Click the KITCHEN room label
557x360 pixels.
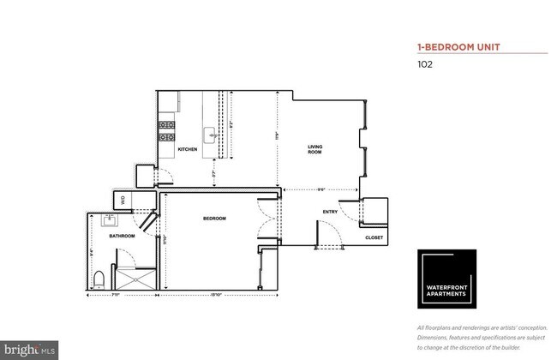tap(188, 149)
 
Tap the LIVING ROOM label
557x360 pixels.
tap(315, 149)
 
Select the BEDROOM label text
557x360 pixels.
tap(214, 219)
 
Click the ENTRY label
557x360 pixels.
tap(330, 212)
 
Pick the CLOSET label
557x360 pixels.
tap(374, 237)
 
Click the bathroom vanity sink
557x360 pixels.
tap(110, 220)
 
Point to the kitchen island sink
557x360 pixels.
tap(209, 133)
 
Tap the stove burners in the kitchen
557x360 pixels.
tap(167, 131)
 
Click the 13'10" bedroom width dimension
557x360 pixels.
tap(218, 295)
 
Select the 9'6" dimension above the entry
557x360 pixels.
tap(320, 189)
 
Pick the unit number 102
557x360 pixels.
tap(425, 63)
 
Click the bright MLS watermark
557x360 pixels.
tap(29, 349)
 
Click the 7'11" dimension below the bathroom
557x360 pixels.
tap(122, 295)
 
